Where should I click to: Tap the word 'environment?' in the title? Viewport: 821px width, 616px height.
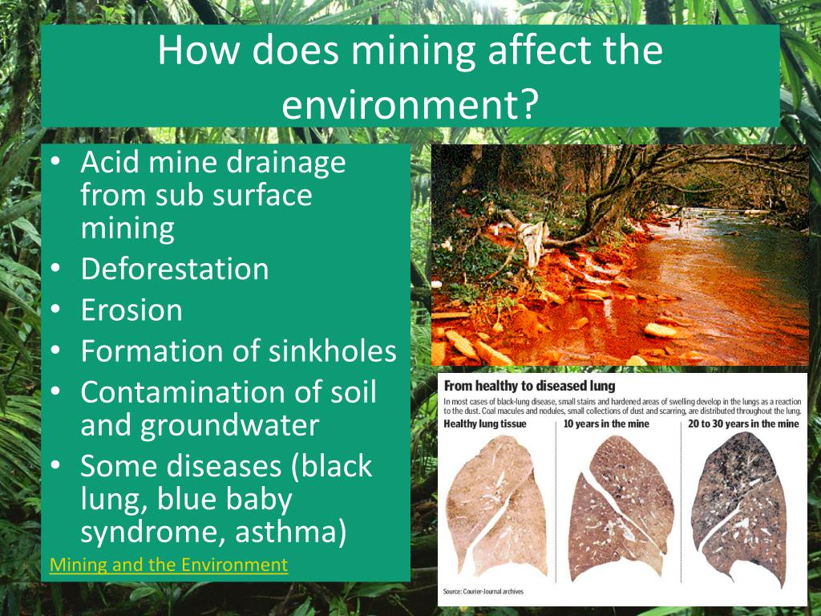[x=409, y=104]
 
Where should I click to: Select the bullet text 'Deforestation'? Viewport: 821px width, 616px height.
[x=175, y=269]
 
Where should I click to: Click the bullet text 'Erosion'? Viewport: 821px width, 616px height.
[x=131, y=310]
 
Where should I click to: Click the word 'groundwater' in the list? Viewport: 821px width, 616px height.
[x=230, y=424]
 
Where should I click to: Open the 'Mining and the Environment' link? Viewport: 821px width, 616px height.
[x=168, y=565]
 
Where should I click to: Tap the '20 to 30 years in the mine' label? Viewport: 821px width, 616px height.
[x=743, y=423]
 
